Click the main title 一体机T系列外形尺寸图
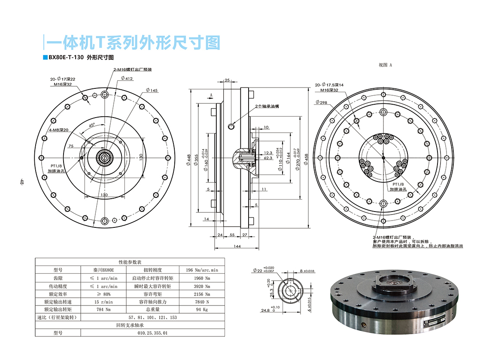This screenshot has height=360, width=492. pos(133,42)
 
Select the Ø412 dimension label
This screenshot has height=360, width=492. pos(127,79)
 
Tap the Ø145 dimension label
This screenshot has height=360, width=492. pos(152,91)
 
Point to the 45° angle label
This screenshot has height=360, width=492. pos(92,125)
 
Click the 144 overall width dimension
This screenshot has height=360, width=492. pos(237,246)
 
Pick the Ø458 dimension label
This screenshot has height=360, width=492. pos(306,158)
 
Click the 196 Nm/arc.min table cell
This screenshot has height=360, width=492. pos(201,270)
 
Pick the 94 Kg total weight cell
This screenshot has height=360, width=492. pos(201,309)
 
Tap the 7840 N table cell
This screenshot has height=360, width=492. pos(201,301)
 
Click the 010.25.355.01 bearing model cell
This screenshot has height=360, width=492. pos(152,333)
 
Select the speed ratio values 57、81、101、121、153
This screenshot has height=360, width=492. pos(152,317)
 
